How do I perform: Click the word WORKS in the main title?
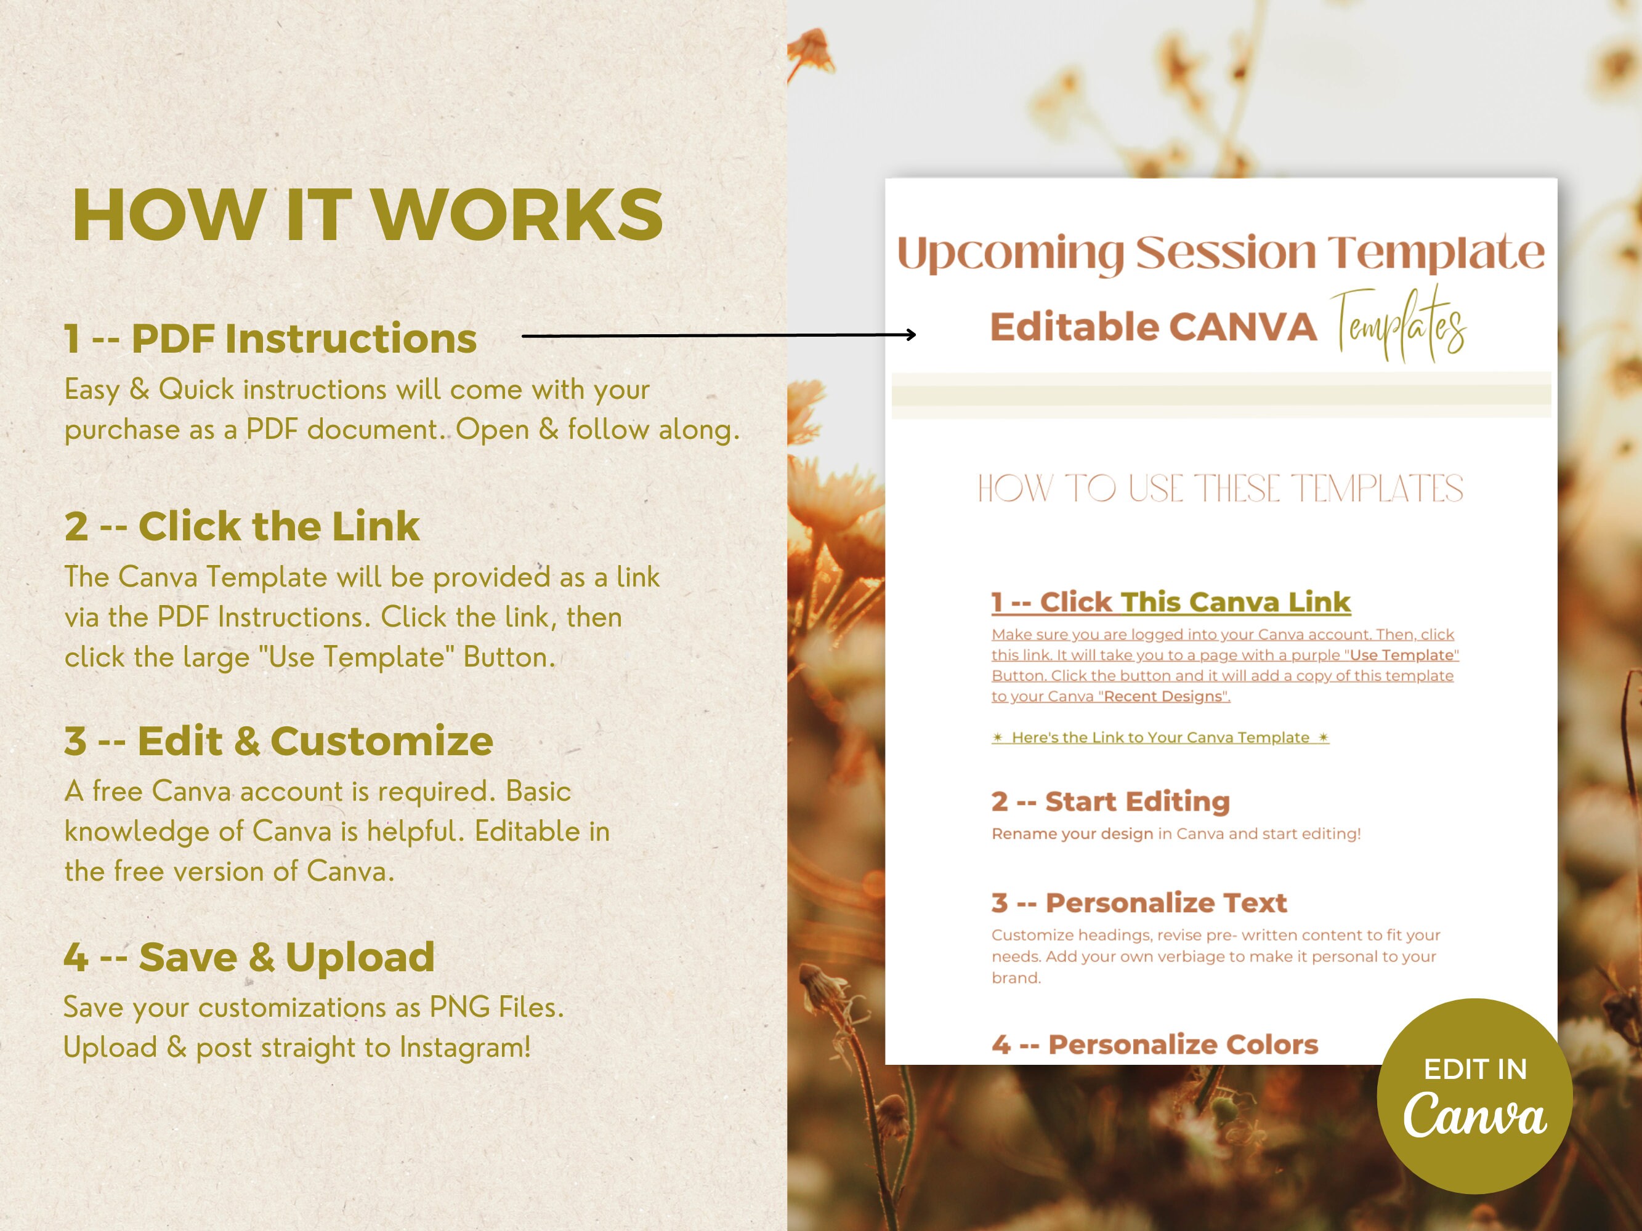click(517, 215)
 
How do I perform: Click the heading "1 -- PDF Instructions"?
click(270, 339)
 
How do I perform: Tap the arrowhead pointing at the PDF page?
click(911, 335)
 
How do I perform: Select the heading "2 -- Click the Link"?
click(242, 526)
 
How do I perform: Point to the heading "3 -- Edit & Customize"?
click(278, 740)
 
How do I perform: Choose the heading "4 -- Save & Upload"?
click(249, 956)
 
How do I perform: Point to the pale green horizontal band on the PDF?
click(1221, 395)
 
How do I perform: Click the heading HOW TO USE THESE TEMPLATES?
click(1220, 489)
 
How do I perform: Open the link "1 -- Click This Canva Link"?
click(1171, 602)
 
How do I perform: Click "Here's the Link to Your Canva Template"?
click(1160, 737)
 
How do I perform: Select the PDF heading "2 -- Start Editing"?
click(1110, 801)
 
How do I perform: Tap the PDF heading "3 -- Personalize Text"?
click(1139, 903)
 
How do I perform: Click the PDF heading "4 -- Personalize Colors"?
click(1154, 1045)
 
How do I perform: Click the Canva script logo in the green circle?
click(1474, 1115)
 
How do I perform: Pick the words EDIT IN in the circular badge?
click(1475, 1069)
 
